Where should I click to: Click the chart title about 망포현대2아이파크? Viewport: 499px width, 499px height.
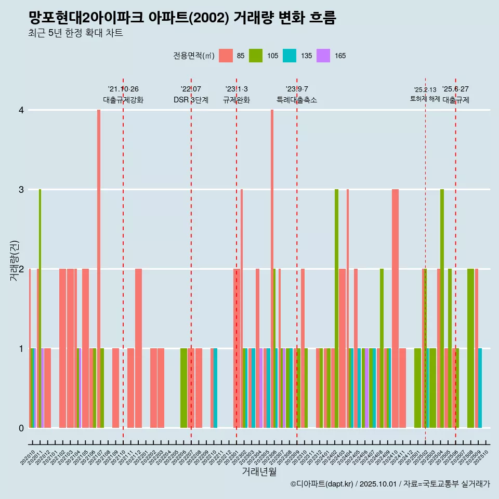182,18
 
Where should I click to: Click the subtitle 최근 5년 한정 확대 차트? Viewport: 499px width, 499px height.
76,34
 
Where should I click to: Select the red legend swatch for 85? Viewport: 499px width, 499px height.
226,56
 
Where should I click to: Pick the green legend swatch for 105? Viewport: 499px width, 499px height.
256,56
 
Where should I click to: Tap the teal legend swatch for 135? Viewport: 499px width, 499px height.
290,56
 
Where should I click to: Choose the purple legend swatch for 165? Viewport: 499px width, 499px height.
323,56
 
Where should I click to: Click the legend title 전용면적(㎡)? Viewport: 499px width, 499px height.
194,56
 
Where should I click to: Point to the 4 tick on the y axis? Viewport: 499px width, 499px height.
21,110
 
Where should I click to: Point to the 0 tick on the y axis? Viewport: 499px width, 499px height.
21,428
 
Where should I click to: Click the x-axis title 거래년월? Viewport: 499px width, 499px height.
259,471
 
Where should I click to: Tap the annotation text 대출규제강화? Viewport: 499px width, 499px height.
123,100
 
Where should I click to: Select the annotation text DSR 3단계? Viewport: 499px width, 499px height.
191,100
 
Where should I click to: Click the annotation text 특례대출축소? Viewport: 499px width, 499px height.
297,100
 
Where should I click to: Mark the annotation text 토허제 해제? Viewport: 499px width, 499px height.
425,99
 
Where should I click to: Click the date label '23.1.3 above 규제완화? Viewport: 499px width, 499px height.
237,89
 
